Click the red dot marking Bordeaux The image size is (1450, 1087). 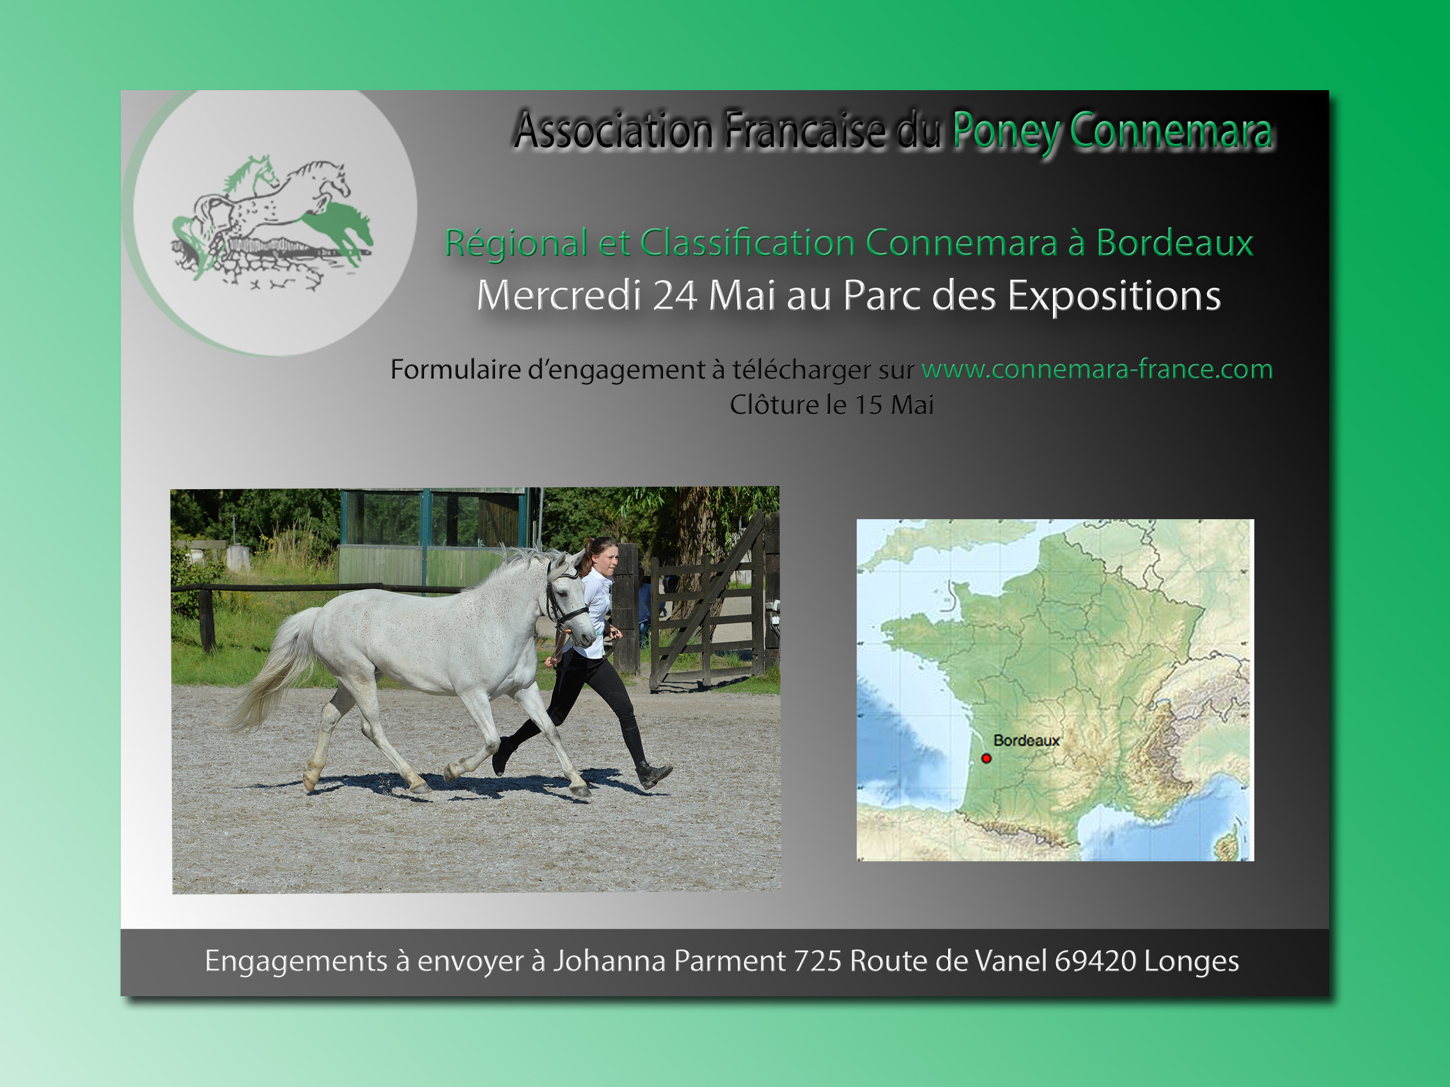pyautogui.click(x=986, y=758)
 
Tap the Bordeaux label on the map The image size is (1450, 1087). pyautogui.click(x=1027, y=740)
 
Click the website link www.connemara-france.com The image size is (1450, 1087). pyautogui.click(x=1096, y=369)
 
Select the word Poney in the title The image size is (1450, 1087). pyautogui.click(x=1006, y=132)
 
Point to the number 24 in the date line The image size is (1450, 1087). pyautogui.click(x=674, y=295)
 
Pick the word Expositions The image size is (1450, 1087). pyautogui.click(x=1114, y=296)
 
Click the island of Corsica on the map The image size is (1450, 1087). pyautogui.click(x=1229, y=844)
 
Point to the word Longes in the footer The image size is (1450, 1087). pyautogui.click(x=1191, y=962)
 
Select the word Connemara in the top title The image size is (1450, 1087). pyautogui.click(x=1171, y=130)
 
